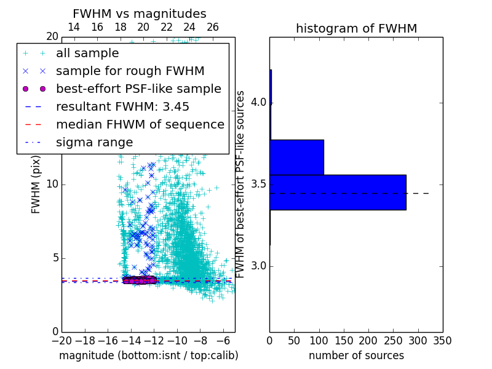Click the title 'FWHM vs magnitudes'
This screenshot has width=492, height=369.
(x=140, y=14)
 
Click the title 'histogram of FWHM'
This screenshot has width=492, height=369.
(x=356, y=28)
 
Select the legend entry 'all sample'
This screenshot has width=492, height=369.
(x=87, y=54)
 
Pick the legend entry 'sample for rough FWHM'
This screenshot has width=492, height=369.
(x=130, y=71)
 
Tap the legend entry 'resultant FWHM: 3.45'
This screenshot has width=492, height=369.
(x=122, y=106)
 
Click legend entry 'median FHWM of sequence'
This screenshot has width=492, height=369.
(x=140, y=124)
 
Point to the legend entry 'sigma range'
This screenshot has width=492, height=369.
(x=94, y=142)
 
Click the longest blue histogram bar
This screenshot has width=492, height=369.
(x=338, y=192)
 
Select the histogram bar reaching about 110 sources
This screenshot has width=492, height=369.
(x=296, y=157)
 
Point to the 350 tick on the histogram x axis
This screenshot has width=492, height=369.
(x=442, y=340)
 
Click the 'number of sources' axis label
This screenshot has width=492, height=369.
(x=356, y=355)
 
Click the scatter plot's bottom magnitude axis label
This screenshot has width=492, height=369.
(x=148, y=355)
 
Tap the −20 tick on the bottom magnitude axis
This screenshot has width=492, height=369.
(x=61, y=340)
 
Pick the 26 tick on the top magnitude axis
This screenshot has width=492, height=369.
(x=213, y=27)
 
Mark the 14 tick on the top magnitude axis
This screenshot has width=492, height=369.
(x=73, y=27)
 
